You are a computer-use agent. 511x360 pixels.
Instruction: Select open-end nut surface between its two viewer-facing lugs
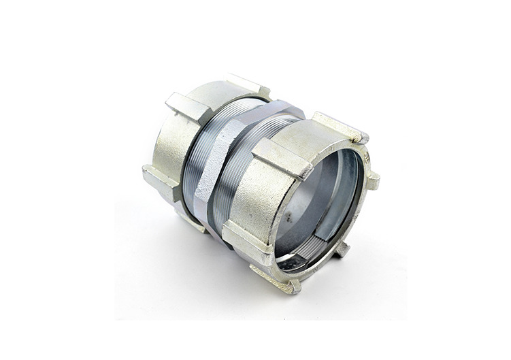262,197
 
